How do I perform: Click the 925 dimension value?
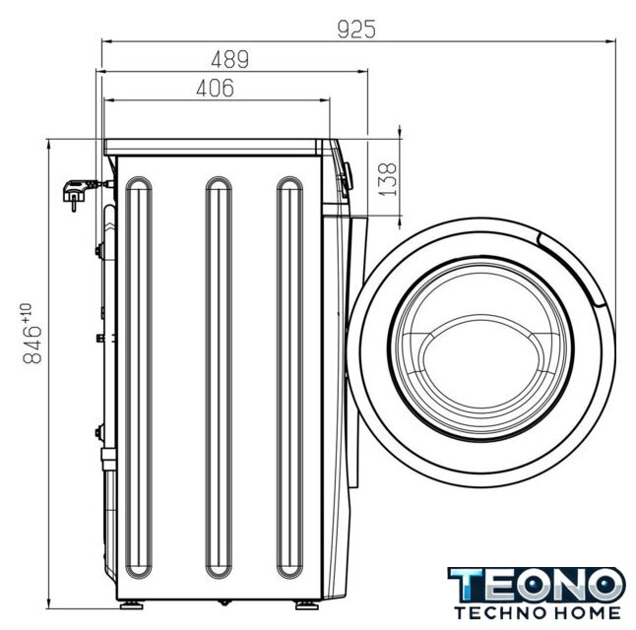pyautogui.click(x=356, y=30)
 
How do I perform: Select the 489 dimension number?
pyautogui.click(x=230, y=59)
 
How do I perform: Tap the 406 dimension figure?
pyautogui.click(x=216, y=88)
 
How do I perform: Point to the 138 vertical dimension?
pyautogui.click(x=387, y=179)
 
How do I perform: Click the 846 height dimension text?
pyautogui.click(x=32, y=344)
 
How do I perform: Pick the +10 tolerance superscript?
pyautogui.click(x=26, y=312)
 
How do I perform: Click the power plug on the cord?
pyautogui.click(x=75, y=194)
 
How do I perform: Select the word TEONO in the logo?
pyautogui.click(x=537, y=585)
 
